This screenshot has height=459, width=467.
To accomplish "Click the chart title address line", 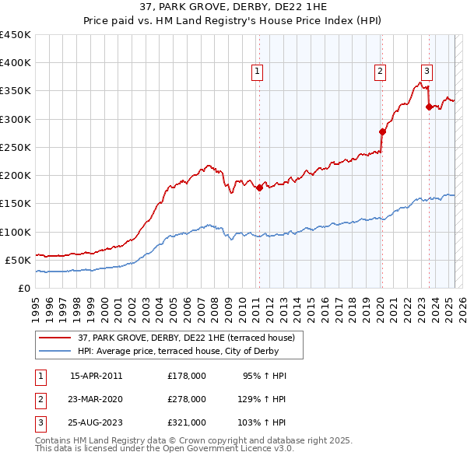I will (233, 8).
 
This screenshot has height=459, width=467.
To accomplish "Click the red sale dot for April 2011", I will (259, 187).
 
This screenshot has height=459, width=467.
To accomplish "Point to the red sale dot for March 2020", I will (382, 131).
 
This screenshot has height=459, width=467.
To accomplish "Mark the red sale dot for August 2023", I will (429, 107).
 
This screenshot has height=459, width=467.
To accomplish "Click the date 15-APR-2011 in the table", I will (96, 376).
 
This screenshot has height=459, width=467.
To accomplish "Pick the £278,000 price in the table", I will (186, 399).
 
